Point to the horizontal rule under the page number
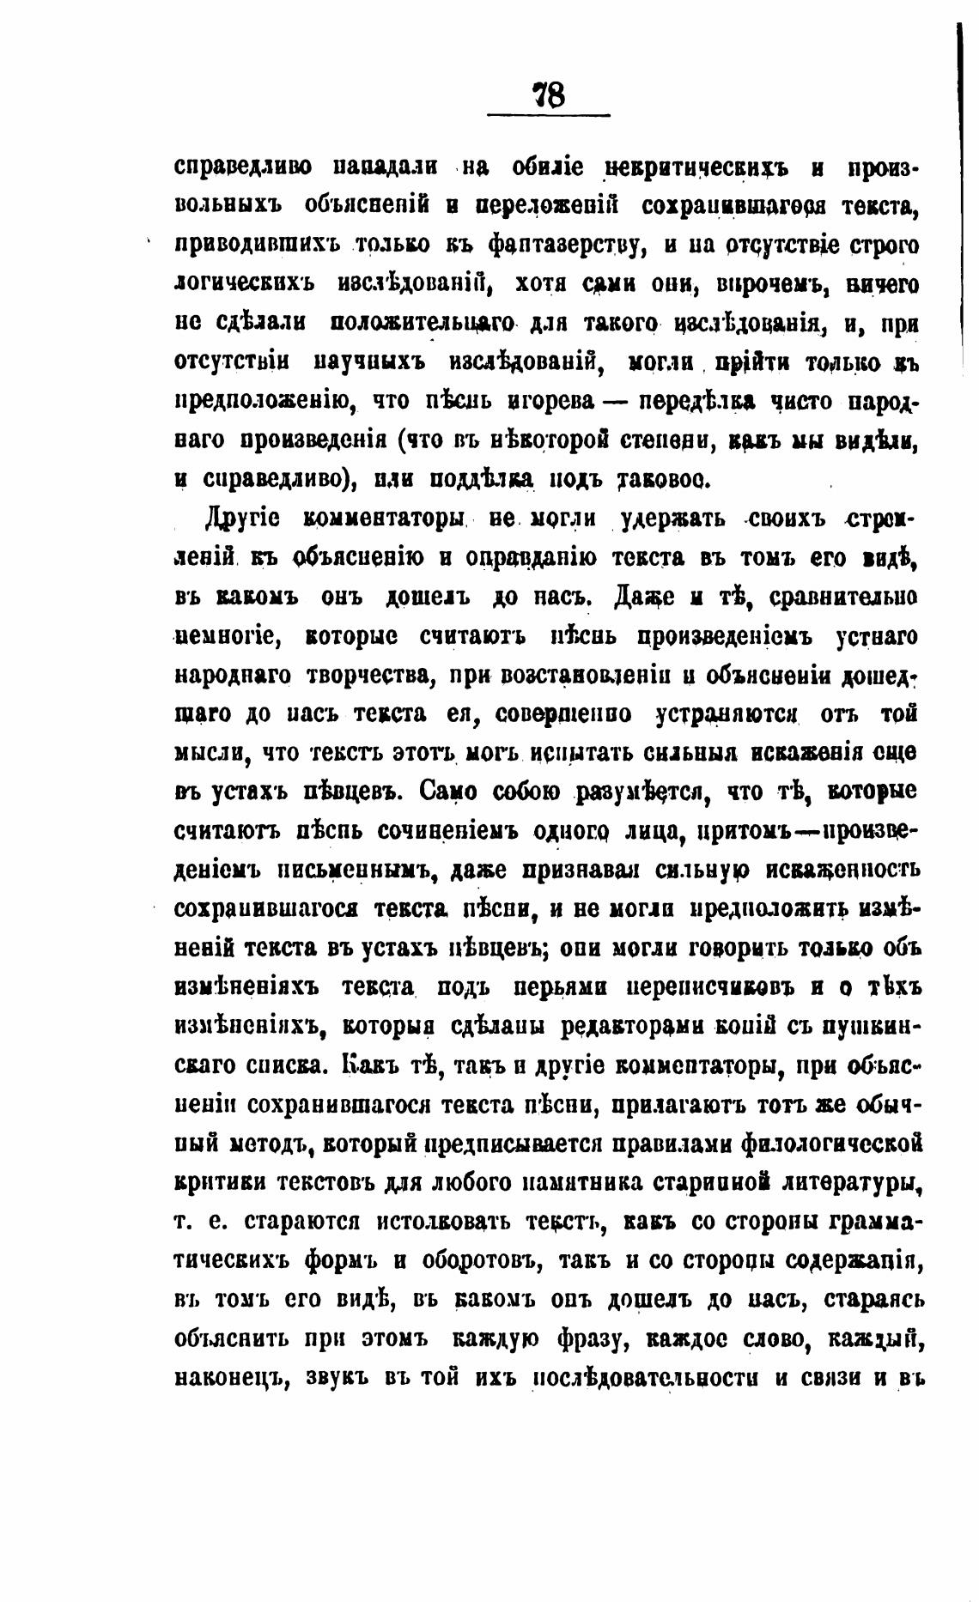click(x=549, y=115)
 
